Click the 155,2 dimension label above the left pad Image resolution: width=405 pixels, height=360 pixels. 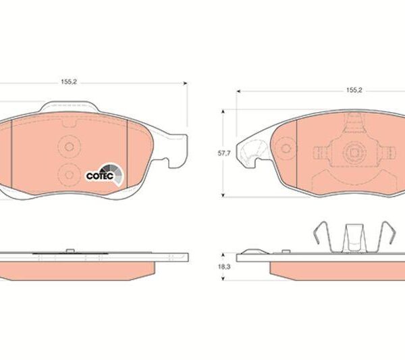click(x=69, y=82)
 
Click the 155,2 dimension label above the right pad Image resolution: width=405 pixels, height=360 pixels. click(x=354, y=90)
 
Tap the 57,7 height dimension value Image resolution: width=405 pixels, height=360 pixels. click(x=224, y=153)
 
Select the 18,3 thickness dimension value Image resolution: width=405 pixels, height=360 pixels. click(x=224, y=267)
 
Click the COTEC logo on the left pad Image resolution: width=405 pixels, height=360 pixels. click(x=105, y=175)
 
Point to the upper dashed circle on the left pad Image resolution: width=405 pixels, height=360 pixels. click(x=69, y=147)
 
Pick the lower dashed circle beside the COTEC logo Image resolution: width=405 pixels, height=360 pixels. click(x=69, y=175)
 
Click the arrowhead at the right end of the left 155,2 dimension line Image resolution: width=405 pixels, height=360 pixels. click(x=185, y=83)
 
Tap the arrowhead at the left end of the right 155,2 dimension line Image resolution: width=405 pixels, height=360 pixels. click(x=239, y=91)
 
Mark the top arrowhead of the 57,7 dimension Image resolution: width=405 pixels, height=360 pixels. click(x=223, y=111)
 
